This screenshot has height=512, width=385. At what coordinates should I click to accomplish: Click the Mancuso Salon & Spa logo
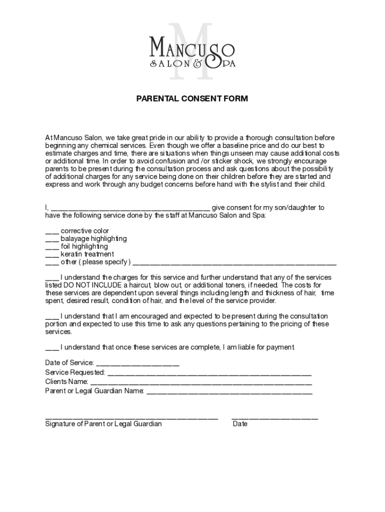tap(192, 52)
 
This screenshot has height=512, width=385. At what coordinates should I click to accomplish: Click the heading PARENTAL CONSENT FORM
tap(192, 99)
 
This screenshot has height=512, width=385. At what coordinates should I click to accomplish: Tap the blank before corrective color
tap(52, 232)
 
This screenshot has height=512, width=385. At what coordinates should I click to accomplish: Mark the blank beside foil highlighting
tap(52, 247)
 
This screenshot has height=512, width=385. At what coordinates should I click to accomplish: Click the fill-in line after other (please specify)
tap(234, 263)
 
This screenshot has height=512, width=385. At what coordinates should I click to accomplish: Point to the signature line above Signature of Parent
tap(131, 418)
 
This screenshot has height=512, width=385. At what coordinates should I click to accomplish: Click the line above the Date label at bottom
tap(274, 418)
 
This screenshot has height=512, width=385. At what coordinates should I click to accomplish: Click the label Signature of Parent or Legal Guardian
tap(103, 424)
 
